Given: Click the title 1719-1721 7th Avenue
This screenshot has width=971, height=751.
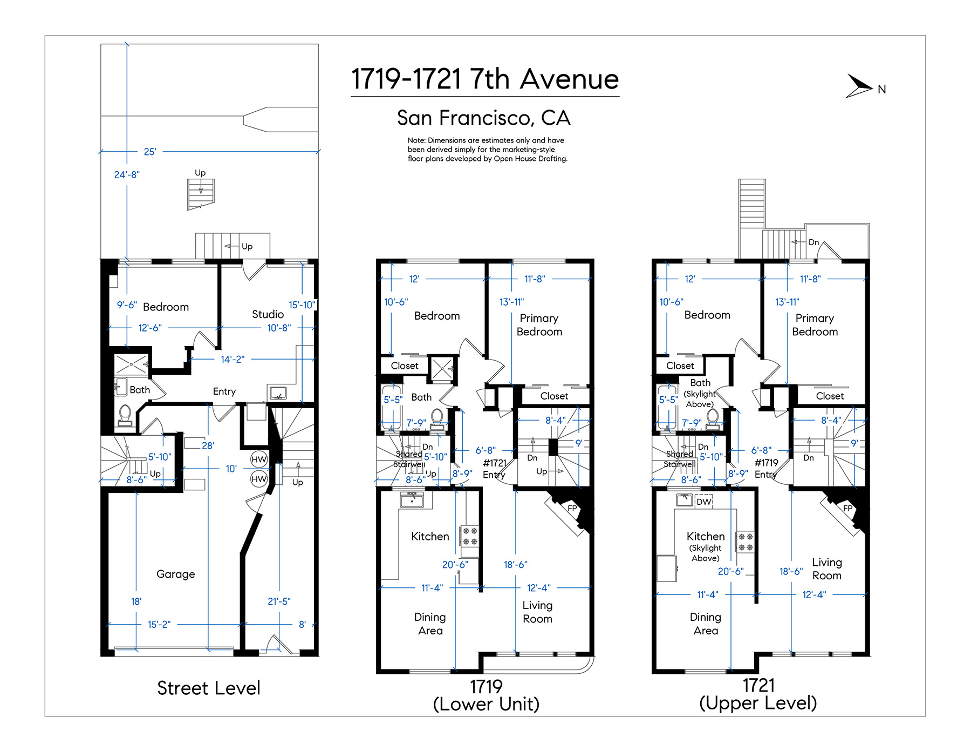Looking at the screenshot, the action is click(x=485, y=79).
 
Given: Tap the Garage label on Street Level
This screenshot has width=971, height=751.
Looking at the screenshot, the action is click(x=176, y=574).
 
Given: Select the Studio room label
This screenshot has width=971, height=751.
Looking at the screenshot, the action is click(x=268, y=314).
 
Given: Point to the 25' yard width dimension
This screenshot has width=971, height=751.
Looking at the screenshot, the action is click(x=150, y=152).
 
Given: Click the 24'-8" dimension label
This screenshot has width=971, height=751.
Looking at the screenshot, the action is click(x=127, y=174).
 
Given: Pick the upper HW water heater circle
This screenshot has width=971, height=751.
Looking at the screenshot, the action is click(x=259, y=459).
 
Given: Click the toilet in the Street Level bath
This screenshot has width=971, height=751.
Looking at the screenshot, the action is click(x=125, y=415).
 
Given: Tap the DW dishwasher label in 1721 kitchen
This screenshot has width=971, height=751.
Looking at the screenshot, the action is click(x=704, y=502).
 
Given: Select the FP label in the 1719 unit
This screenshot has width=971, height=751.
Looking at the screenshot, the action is click(x=572, y=508).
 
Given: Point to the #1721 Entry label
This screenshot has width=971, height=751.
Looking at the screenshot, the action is click(x=495, y=469).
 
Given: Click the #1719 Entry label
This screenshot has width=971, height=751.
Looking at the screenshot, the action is click(x=767, y=469).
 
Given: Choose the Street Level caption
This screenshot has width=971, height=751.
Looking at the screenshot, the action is click(x=209, y=688).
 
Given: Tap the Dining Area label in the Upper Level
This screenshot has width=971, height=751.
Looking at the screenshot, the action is click(x=706, y=624).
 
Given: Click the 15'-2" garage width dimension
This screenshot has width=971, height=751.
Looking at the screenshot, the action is click(x=159, y=624).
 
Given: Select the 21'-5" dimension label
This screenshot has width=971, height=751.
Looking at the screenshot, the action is click(x=279, y=601).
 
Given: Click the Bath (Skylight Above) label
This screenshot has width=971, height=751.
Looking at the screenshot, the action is click(x=700, y=393).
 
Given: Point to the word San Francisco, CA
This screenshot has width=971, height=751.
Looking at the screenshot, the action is click(x=484, y=118).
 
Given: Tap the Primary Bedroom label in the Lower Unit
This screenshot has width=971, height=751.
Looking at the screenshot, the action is click(x=539, y=324).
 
